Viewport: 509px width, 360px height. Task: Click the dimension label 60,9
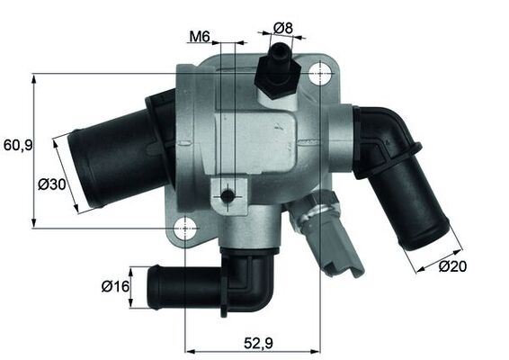point(18,144)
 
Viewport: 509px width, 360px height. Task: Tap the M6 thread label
point(199,37)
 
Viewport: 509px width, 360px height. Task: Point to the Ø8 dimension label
point(283,28)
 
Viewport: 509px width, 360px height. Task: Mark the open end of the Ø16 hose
point(151,287)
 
